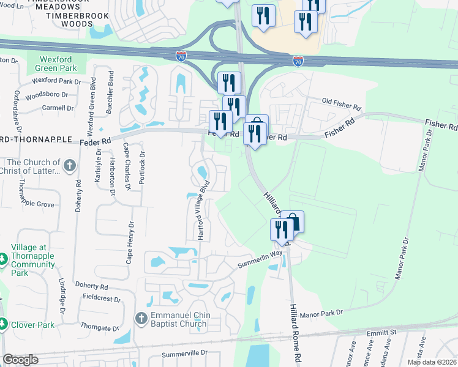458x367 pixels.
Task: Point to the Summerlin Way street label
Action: click(x=260, y=261)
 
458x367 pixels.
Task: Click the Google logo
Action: click(x=20, y=360)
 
